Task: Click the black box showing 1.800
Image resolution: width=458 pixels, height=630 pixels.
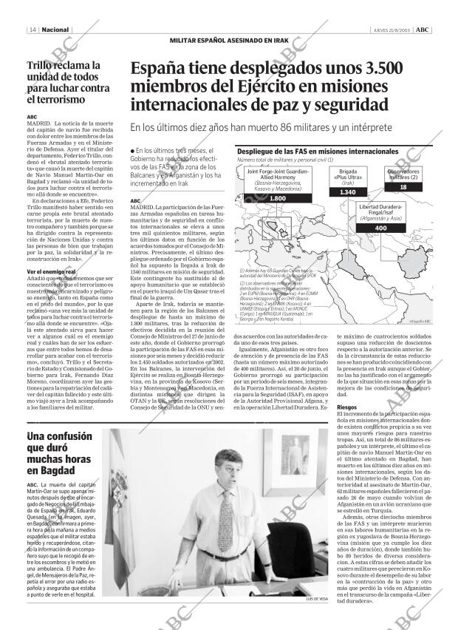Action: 257,199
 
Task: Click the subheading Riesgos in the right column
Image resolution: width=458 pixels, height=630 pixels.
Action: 346,407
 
